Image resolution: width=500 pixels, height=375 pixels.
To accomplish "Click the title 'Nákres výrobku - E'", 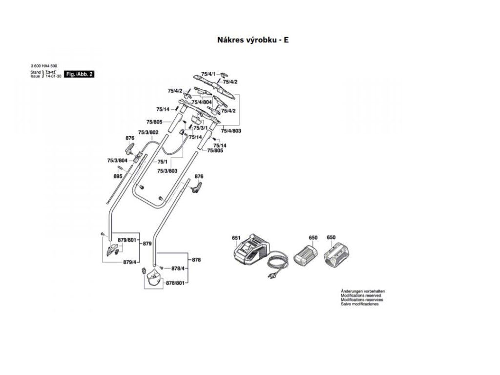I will (x=252, y=40).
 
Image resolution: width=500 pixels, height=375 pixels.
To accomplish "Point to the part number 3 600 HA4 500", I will (x=44, y=67).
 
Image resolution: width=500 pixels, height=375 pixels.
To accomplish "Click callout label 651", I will (x=236, y=238).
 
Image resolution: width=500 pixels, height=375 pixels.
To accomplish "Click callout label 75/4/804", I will (x=201, y=102).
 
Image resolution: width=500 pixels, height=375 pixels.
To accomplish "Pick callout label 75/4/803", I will (x=231, y=131).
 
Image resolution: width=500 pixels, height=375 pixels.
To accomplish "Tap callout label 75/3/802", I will (x=148, y=132).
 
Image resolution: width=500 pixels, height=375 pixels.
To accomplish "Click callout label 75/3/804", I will (x=117, y=160).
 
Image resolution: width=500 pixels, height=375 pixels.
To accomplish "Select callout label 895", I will (x=118, y=176).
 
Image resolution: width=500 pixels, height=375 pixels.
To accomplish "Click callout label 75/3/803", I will (x=167, y=171).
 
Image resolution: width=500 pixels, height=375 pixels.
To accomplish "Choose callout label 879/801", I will (x=128, y=240).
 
